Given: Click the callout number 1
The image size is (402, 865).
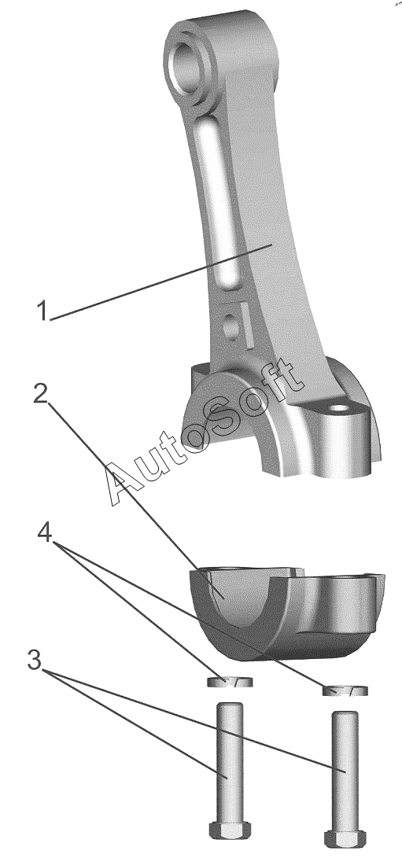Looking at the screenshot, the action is [x=42, y=310].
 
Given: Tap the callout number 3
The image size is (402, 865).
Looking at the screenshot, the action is [x=35, y=661].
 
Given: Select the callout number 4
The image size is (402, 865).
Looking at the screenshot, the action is [x=46, y=533].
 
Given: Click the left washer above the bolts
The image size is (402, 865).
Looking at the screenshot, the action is [x=230, y=682].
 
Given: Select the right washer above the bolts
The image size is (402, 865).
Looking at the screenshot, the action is [x=345, y=690].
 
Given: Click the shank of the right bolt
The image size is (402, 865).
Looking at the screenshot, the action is [x=345, y=770].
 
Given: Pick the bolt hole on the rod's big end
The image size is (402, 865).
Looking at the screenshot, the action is [x=339, y=410].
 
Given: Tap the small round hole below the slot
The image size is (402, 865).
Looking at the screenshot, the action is [x=233, y=328].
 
